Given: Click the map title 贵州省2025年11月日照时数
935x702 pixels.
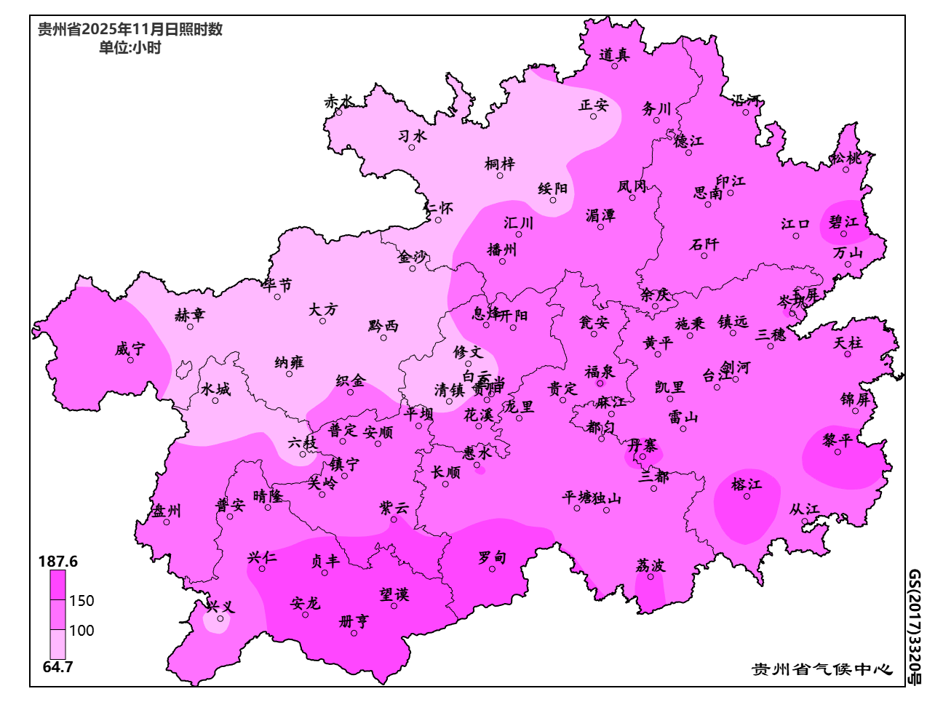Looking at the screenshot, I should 130,30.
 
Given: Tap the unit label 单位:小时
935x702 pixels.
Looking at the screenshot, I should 130,48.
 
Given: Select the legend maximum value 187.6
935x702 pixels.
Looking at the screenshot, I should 57,562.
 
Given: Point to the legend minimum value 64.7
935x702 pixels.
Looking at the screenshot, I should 57,667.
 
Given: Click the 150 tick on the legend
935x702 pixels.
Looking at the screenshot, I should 81,601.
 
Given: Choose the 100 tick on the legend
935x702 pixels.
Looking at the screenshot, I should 81,631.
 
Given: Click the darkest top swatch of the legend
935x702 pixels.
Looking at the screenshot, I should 57,585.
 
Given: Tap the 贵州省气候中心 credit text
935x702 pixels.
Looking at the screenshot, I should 821,669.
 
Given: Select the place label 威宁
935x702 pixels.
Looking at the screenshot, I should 130,349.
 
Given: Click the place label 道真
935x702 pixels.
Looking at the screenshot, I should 614,55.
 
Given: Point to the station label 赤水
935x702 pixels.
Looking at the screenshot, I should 338,102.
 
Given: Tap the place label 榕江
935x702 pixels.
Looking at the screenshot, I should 746,484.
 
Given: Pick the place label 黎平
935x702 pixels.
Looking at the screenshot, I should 837,441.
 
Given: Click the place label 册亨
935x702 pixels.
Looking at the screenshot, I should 354,622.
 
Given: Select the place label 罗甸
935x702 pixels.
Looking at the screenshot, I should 492,558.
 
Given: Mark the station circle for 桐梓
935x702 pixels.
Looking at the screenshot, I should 499,175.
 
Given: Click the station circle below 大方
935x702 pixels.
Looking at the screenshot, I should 323,321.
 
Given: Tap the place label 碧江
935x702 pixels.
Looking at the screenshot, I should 843,222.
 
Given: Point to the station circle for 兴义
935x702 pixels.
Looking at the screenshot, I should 220,619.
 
